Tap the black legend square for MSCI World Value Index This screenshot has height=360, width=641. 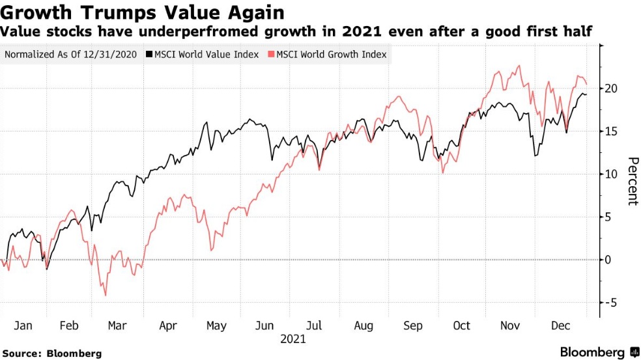149,55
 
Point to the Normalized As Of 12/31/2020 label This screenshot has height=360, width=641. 70,55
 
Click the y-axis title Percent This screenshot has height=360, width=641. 631,181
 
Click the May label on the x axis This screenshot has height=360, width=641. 216,325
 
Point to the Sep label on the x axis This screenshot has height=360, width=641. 413,325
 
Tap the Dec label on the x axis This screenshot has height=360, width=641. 561,325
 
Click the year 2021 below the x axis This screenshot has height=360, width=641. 292,339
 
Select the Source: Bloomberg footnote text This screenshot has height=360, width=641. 51,353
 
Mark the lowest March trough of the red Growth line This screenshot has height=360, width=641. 106,296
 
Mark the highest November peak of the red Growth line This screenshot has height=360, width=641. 519,65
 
